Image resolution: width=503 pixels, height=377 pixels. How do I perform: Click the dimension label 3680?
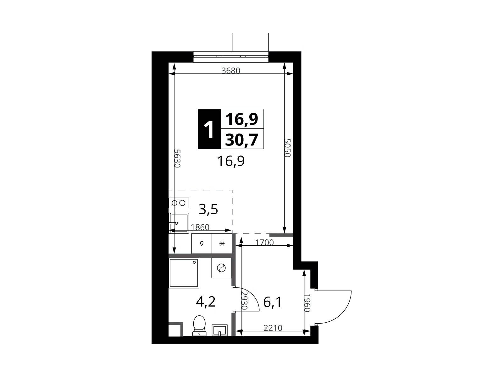click(230, 71)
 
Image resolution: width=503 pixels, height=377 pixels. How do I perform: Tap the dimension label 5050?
click(287, 148)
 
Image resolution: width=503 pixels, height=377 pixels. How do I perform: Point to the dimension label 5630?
click(177, 158)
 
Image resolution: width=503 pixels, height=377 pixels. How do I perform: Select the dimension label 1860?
click(200, 227)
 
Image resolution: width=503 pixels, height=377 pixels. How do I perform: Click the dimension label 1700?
click(264, 243)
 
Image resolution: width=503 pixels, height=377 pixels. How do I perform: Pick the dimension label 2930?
click(245, 301)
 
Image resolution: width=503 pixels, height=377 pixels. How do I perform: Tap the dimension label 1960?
click(307, 303)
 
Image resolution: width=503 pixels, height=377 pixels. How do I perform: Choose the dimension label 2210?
click(273, 328)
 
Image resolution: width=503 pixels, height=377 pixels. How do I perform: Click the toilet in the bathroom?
click(199, 325)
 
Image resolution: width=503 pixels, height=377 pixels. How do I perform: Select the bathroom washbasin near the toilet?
click(219, 330)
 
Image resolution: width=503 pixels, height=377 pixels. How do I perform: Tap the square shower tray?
click(184, 273)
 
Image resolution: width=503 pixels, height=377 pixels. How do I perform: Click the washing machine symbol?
click(221, 268)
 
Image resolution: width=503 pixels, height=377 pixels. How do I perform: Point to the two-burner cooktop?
click(179, 203)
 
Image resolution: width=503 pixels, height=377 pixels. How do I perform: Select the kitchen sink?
click(179, 223)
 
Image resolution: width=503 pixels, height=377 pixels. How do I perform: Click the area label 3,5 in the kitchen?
click(208, 210)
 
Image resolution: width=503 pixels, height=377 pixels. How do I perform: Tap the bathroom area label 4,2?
click(206, 302)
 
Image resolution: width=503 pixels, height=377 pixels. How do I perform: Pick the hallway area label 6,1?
click(272, 303)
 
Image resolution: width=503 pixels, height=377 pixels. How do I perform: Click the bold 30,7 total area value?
click(242, 139)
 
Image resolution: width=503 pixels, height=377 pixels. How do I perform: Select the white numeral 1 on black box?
click(209, 129)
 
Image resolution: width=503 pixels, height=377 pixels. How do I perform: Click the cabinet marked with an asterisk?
click(222, 243)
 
